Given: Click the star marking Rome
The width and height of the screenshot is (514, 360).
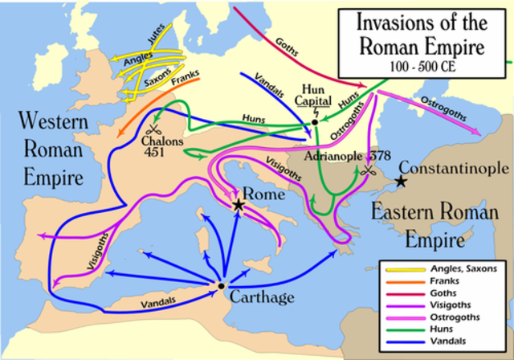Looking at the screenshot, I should point(239,207).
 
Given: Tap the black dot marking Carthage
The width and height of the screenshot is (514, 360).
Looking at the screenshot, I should point(221,285).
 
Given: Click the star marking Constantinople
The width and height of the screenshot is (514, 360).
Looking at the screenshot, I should point(399,182).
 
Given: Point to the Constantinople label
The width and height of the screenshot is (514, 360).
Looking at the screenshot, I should point(454,169).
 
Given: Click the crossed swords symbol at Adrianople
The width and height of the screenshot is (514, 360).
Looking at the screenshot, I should point(369,170).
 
